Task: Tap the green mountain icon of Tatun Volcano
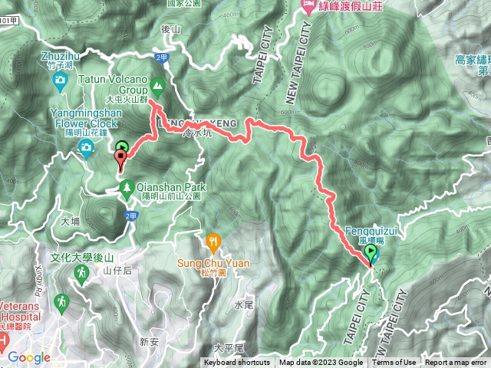tap(158, 85)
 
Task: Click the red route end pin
tap(120, 159)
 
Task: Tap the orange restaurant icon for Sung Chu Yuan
tap(213, 244)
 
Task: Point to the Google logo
tap(28, 357)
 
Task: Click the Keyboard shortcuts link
tap(236, 363)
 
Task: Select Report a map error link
tap(456, 363)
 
